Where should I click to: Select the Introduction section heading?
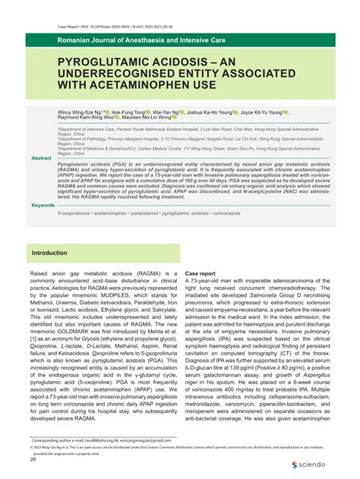49,252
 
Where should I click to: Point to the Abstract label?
41,157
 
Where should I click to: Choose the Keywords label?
43,205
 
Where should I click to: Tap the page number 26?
33,459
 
